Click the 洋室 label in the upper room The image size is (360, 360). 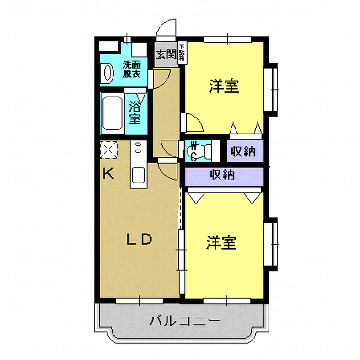[x=224, y=85]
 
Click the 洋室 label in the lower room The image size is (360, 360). [x=221, y=242]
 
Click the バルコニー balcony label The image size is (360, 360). [x=183, y=322]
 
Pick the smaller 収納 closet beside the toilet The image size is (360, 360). [x=241, y=151]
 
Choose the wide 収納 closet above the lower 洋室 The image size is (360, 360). [x=222, y=174]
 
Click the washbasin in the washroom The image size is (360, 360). [x=108, y=73]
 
